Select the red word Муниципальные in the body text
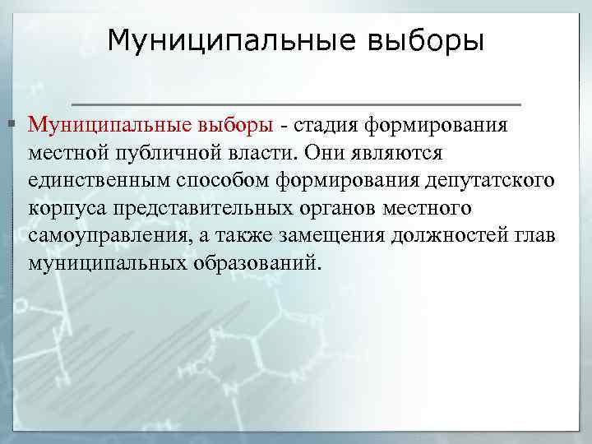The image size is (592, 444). tap(111, 125)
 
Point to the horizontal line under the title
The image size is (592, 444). tap(296, 104)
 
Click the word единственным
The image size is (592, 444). tap(94, 181)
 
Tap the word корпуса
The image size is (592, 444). tap(63, 209)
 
